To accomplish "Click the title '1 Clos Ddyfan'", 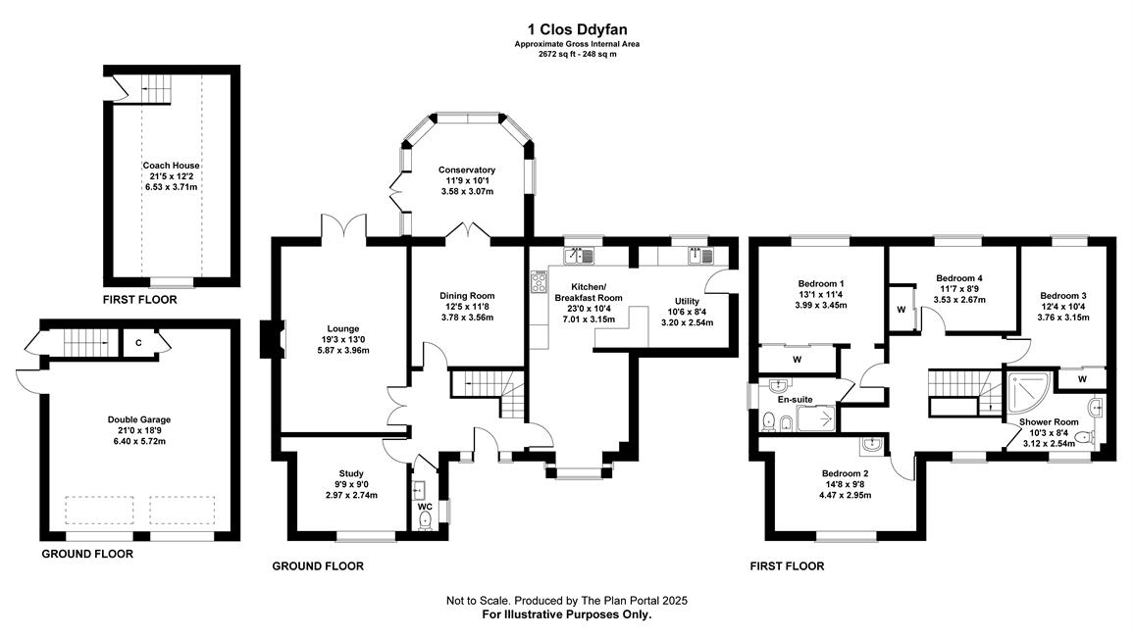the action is tap(577, 29).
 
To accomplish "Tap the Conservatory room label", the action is tap(467, 171).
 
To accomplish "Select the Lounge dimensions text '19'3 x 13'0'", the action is tap(343, 339).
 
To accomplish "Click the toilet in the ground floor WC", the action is tap(425, 521).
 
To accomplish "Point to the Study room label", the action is tap(351, 473).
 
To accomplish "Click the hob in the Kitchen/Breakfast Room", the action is tap(540, 281).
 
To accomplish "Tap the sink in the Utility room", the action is tap(700, 255).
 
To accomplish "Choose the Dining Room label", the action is tap(467, 295).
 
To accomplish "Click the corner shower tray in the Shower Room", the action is tap(1029, 394).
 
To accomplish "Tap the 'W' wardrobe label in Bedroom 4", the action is tap(902, 310).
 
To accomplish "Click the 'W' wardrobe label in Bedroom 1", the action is tap(797, 360).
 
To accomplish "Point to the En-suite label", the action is tap(796, 400).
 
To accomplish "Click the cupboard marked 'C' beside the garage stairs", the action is tap(138, 343).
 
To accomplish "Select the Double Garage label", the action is tap(139, 419).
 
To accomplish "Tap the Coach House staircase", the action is tap(157, 89).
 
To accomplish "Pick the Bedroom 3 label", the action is tap(1063, 295).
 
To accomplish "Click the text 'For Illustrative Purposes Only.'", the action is tap(567, 614).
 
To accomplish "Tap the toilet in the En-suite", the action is tap(769, 420).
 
